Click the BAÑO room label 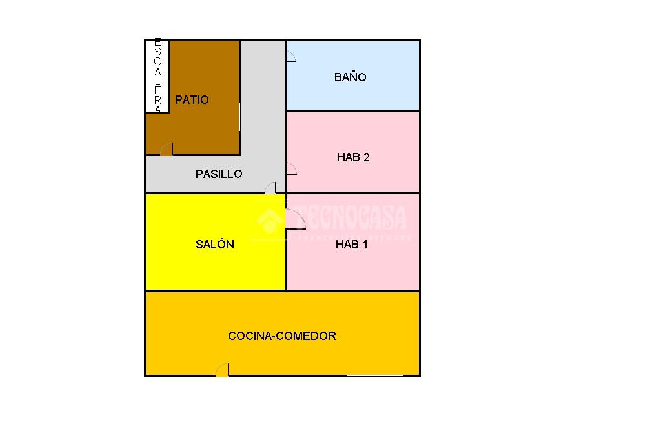pos(350,77)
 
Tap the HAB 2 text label pos(353,157)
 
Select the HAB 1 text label pos(352,245)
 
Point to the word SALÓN pos(215,245)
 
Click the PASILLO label pos(219,174)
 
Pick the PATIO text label pos(192,100)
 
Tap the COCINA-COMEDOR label pos(282,336)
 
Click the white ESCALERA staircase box pos(157,76)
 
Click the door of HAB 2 pos(291,169)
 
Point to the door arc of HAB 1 pos(296,220)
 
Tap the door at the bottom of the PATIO pos(167,150)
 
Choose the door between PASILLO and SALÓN pos(270,188)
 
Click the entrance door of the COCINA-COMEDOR pos(222,370)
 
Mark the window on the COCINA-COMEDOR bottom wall pos(374,375)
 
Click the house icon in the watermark pos(267,220)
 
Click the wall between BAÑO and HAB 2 pos(353,111)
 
